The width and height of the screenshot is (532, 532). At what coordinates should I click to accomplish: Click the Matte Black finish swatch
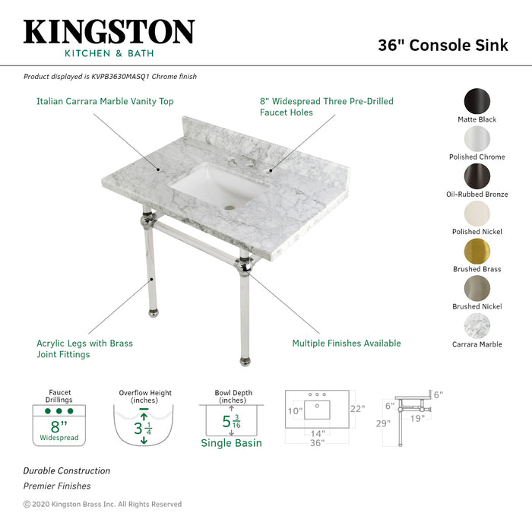click(x=477, y=102)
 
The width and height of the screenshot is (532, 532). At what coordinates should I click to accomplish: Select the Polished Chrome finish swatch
click(x=477, y=139)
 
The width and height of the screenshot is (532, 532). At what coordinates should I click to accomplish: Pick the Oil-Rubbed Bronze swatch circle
click(x=477, y=176)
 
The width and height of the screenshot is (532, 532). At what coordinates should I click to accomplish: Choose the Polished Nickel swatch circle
click(x=477, y=214)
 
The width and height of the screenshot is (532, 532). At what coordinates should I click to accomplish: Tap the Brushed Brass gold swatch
click(x=477, y=252)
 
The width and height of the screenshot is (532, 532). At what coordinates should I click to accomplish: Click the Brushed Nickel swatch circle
click(x=477, y=289)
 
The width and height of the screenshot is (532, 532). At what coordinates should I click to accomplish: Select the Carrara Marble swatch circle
click(x=477, y=327)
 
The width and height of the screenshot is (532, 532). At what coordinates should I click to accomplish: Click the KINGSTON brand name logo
click(x=109, y=32)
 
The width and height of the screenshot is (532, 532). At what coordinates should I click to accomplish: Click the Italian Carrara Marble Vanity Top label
click(x=105, y=101)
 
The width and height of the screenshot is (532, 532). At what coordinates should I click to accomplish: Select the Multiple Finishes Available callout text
click(x=347, y=344)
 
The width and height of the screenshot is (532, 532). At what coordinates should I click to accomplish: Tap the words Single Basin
click(x=231, y=443)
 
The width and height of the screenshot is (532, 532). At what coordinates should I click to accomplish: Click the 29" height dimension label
click(x=383, y=423)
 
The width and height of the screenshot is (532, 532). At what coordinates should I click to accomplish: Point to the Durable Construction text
click(x=66, y=471)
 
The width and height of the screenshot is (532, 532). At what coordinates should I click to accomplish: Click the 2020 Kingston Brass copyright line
click(x=103, y=504)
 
